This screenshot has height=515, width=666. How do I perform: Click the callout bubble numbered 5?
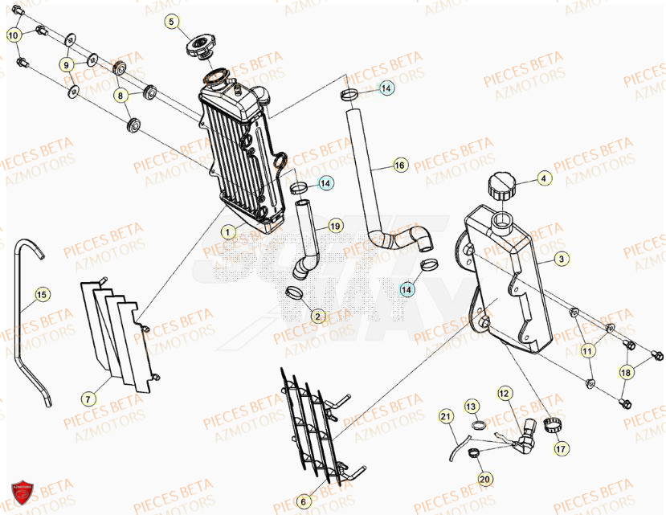click(174, 22)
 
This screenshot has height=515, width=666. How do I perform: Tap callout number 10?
click(14, 35)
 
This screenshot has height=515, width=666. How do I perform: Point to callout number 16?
click(400, 166)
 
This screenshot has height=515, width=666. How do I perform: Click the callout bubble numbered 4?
click(543, 178)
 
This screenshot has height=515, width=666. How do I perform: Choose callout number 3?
click(562, 260)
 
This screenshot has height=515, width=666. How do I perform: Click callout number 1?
click(227, 231)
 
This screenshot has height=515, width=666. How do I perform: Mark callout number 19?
click(335, 226)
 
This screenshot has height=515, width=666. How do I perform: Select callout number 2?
click(317, 317)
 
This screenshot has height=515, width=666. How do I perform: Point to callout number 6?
click(304, 501)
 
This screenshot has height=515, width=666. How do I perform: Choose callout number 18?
click(625, 371)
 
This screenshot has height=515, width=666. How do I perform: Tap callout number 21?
click(445, 416)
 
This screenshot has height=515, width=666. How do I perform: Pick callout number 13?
click(472, 407)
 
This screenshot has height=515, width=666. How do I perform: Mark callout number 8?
click(121, 96)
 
